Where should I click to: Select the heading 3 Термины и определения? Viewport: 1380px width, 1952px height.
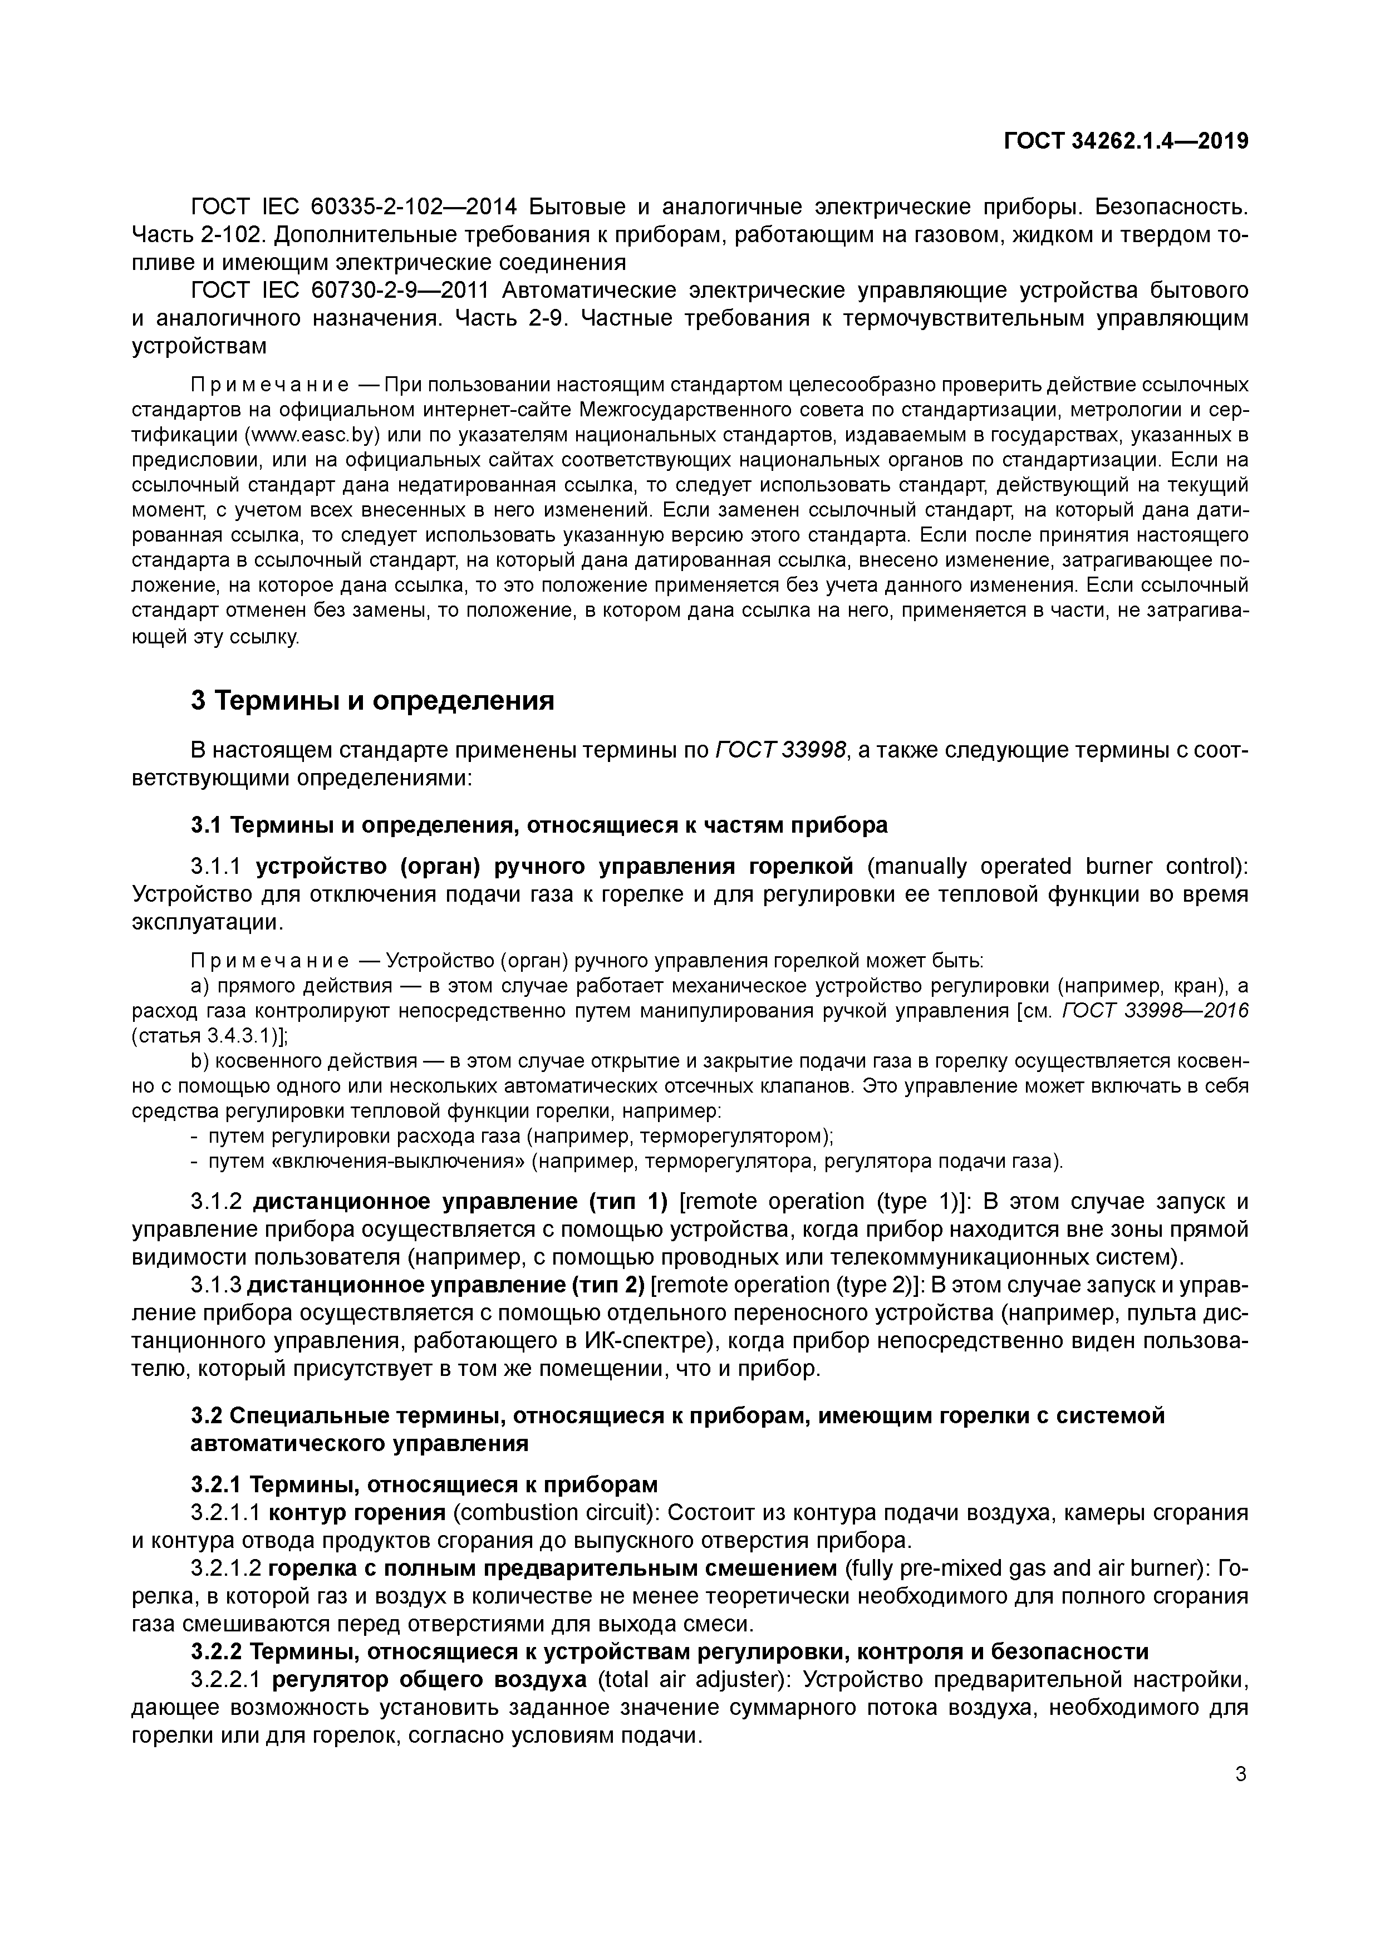coord(371,701)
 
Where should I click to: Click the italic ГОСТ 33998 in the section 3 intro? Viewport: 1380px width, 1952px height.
coord(780,750)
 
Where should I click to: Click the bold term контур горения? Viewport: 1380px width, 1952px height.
coord(357,1512)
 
